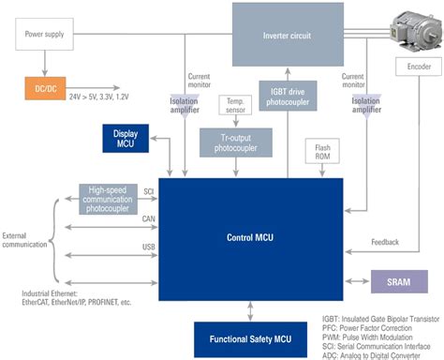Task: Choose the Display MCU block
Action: (x=126, y=138)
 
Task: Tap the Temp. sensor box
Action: (x=229, y=105)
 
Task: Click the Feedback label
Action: (x=385, y=242)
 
